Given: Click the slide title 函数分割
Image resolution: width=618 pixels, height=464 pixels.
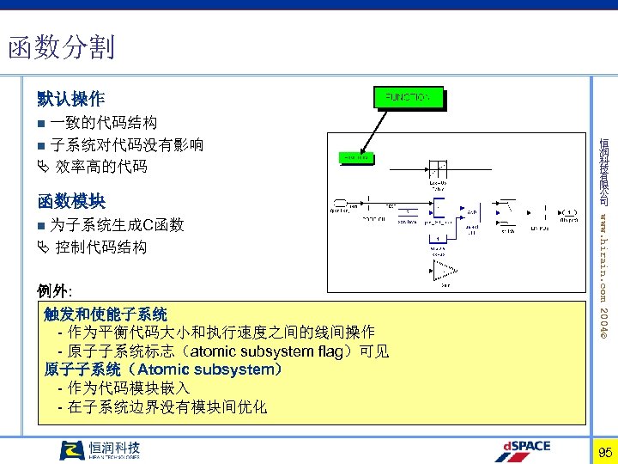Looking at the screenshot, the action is click(x=61, y=46).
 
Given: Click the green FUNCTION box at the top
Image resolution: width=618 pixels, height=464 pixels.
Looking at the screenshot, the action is click(x=408, y=98).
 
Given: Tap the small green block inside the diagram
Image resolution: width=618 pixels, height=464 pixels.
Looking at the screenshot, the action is click(x=355, y=158).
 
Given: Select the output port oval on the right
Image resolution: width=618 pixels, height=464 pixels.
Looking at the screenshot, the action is click(x=569, y=211).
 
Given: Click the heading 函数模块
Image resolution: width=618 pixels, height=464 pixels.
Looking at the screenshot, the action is click(x=71, y=202).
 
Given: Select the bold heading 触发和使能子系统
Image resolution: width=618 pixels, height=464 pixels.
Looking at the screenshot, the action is click(x=106, y=314).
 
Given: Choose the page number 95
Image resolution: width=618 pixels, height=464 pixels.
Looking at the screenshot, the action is click(x=604, y=452).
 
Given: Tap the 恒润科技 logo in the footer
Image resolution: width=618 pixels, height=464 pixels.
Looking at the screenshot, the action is click(x=100, y=450).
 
